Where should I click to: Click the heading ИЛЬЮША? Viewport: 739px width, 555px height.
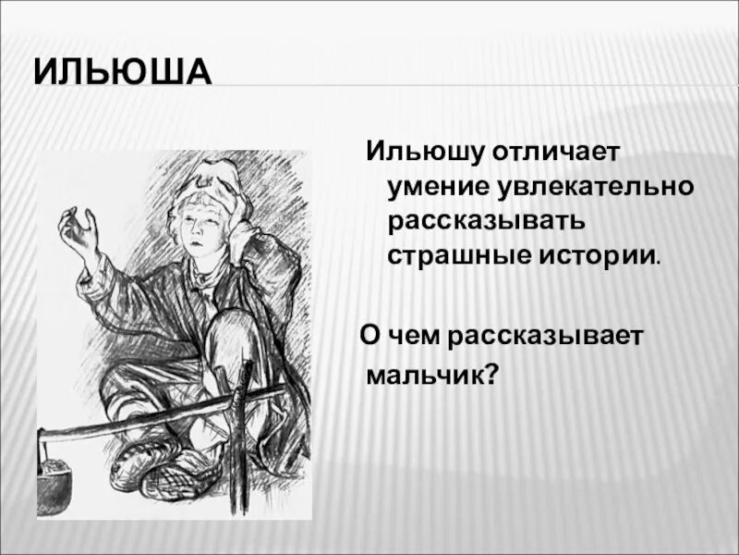(123, 72)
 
